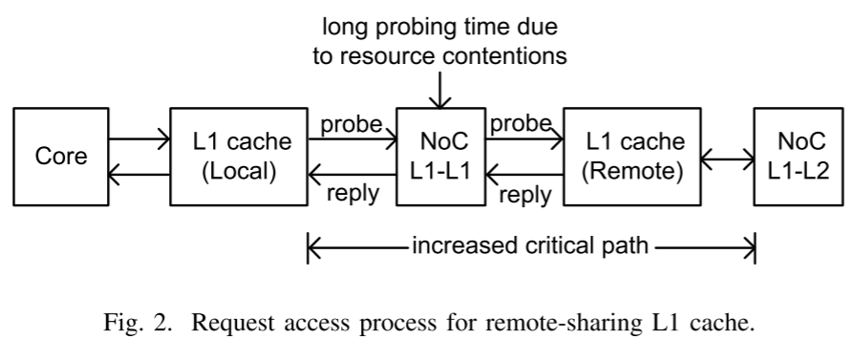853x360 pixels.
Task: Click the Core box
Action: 60,157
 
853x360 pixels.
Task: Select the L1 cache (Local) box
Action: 237,157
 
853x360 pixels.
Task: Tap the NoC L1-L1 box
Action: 439,157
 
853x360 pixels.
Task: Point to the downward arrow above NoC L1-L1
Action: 439,91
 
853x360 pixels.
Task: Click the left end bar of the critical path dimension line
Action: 308,248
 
